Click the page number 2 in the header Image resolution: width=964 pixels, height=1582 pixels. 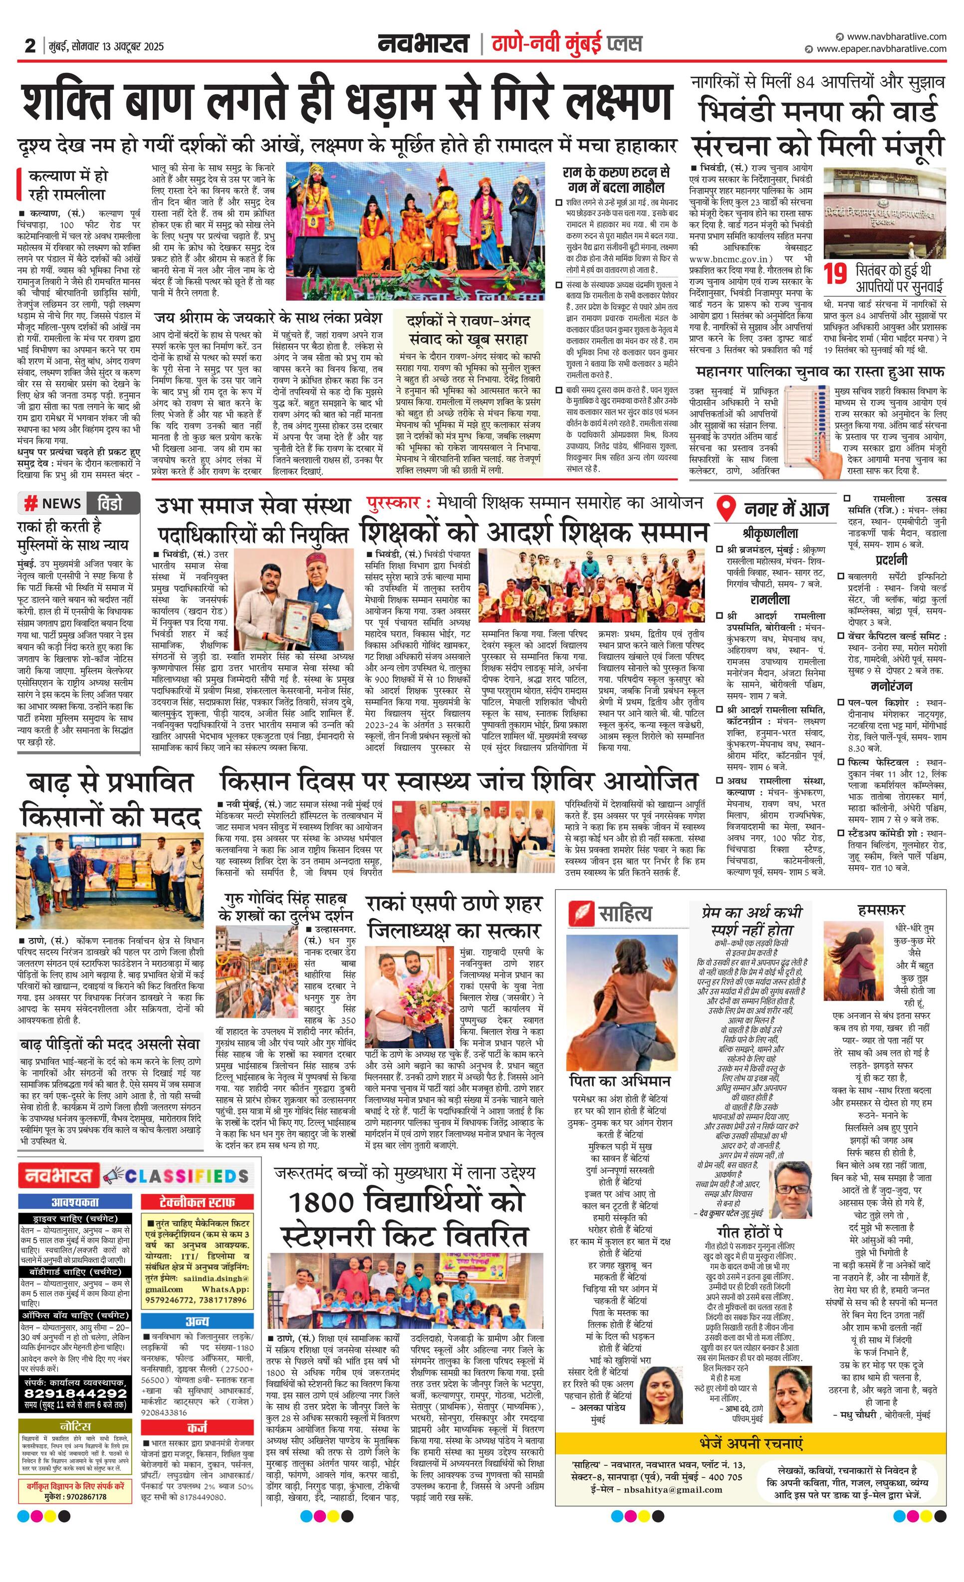29,45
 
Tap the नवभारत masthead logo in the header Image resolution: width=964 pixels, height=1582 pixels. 424,44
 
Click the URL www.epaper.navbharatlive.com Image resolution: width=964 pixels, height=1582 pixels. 881,49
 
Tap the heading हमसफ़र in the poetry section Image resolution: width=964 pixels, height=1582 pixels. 881,910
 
